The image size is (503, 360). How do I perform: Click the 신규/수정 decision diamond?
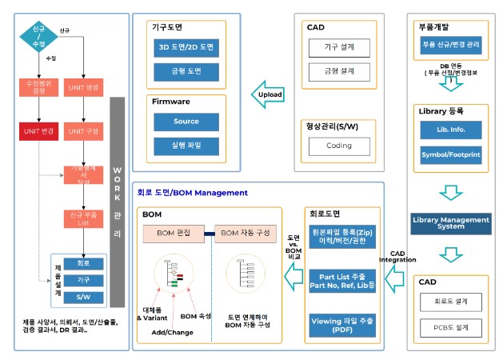(x=38, y=37)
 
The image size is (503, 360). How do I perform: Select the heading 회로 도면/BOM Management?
(x=192, y=193)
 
